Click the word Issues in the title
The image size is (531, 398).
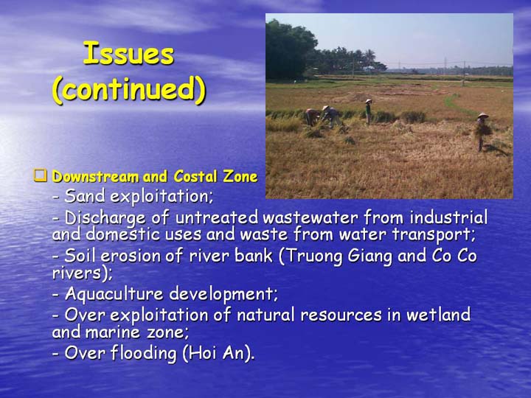128,53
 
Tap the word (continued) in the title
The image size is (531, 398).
129,89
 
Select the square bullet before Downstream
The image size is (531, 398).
41,175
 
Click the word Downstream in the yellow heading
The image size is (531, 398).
95,177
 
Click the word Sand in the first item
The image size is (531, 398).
84,195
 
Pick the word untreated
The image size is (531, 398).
217,217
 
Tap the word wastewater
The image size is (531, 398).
310,217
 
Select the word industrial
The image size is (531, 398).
448,217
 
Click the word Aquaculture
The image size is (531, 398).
114,293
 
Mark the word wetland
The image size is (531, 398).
438,315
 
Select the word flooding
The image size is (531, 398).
143,353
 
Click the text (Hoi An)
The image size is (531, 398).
218,353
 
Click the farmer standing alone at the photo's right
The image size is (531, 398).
482,132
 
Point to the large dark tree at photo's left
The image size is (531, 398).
290,50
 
